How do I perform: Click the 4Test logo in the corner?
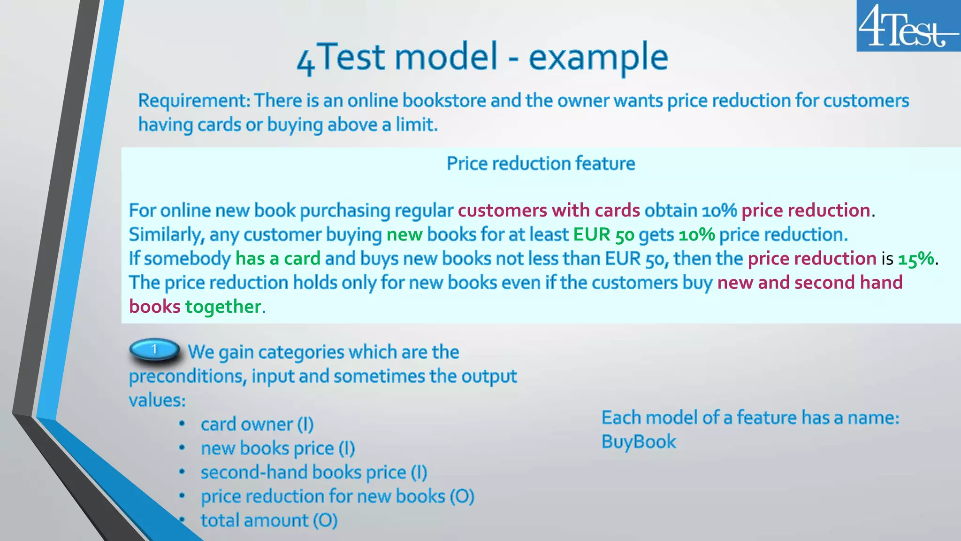(908, 26)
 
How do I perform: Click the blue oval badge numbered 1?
(154, 350)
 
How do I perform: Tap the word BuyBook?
(639, 441)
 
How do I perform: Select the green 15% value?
(916, 259)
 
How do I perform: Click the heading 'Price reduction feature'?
(541, 163)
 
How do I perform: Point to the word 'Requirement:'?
(194, 101)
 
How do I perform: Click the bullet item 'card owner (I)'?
(257, 424)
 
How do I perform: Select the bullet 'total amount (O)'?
(269, 520)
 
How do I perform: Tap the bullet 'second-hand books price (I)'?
(313, 472)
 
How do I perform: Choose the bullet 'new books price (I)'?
(277, 448)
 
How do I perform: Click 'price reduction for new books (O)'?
(337, 496)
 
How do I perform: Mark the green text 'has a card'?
(278, 259)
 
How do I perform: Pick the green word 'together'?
(223, 307)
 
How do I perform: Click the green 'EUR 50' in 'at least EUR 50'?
(603, 235)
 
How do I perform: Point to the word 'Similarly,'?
(167, 235)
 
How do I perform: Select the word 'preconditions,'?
(188, 376)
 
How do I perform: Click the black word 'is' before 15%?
(887, 259)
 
